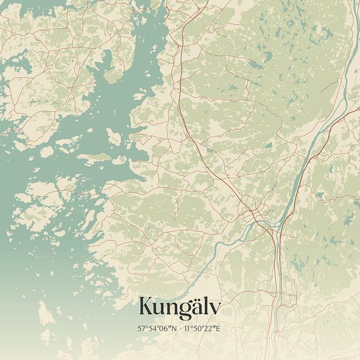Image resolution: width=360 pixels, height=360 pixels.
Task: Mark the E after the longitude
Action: [x=218, y=329]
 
